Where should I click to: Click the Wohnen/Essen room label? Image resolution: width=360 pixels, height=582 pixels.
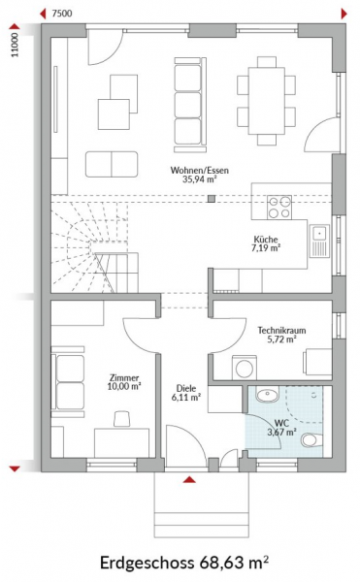coord(199,171)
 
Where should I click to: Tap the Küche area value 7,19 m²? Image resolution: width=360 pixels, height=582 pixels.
coord(266,248)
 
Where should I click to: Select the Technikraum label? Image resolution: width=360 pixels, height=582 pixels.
coord(281,331)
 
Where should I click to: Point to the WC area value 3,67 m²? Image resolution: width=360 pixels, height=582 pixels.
coord(281,432)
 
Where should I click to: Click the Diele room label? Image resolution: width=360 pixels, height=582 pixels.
coord(186,389)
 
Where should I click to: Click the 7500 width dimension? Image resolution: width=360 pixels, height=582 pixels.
coord(62,14)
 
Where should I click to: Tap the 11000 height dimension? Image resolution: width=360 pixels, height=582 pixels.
coord(15,46)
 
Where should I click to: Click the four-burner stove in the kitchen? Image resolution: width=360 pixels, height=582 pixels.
coord(279,208)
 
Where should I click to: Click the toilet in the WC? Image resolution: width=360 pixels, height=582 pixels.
coord(311,440)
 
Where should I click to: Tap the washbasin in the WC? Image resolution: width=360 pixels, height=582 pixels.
coord(267,395)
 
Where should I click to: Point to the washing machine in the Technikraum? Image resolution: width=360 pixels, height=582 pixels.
coord(245,367)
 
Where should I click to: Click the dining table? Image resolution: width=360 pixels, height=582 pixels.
coord(267,101)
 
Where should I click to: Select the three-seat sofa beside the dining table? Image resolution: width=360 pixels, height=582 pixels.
coord(190,105)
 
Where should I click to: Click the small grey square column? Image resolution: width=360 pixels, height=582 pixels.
coord(212,199)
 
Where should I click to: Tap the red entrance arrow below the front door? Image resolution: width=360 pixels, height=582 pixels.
coord(189,479)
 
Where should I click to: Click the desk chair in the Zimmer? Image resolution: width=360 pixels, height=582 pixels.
coord(122,419)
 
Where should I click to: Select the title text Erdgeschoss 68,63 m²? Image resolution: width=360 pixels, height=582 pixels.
coord(184,563)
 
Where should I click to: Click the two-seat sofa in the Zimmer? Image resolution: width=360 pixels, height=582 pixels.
coord(68,382)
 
